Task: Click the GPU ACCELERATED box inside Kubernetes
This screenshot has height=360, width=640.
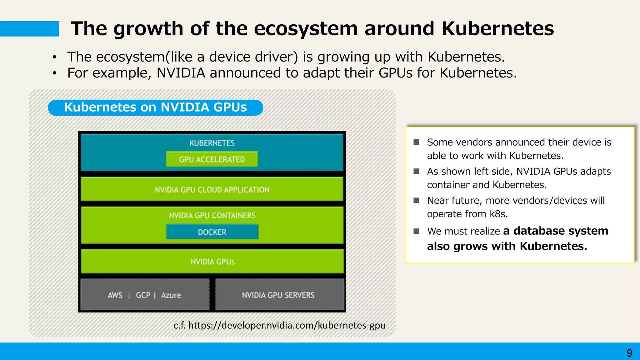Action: tap(212, 159)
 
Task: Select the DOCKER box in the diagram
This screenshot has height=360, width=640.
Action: tap(212, 232)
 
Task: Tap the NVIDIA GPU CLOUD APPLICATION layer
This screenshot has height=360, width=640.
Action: tap(212, 190)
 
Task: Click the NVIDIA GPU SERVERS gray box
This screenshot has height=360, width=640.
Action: tap(278, 295)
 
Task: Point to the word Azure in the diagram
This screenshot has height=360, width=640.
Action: tap(171, 295)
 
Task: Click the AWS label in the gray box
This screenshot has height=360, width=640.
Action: tap(115, 295)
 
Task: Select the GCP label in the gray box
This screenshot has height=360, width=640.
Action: tap(143, 295)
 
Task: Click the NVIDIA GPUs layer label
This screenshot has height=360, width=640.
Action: tap(212, 262)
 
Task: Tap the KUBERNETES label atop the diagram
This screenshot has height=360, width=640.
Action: tap(212, 143)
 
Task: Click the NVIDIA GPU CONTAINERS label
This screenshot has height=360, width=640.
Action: tap(212, 215)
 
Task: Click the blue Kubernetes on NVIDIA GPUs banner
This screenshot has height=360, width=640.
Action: tap(155, 107)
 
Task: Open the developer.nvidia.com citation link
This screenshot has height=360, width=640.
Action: tap(287, 325)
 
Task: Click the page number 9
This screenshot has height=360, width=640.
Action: tap(629, 353)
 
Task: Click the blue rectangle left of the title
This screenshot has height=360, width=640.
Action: tap(29, 29)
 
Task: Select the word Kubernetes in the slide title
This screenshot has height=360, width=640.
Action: tap(497, 28)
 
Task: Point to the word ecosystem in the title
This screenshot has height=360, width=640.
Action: tap(306, 28)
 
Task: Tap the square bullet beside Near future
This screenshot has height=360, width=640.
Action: tap(416, 200)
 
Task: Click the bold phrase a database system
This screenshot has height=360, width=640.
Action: tap(556, 231)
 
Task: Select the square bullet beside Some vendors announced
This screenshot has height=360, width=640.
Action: tap(416, 142)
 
